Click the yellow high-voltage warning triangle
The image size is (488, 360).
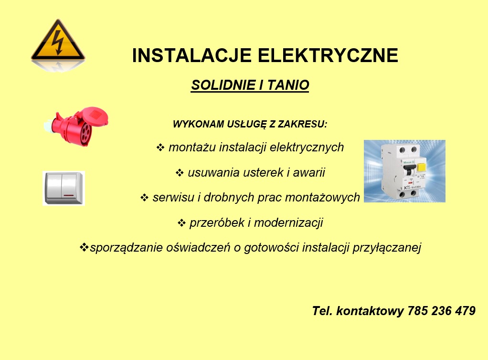coord(58,41)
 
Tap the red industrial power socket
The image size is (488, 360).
coord(76,126)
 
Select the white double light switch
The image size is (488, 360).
coord(64,188)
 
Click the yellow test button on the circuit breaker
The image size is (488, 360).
coord(422,167)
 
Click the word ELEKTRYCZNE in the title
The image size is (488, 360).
coord(328,55)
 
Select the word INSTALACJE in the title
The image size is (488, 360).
coord(192,55)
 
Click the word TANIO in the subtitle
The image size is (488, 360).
coord(288,85)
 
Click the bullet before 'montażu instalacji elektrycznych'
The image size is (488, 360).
coord(160,147)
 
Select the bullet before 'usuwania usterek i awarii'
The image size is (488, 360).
coord(180,172)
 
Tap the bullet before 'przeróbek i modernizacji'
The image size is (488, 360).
coord(181,223)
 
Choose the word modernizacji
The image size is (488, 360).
coord(288,223)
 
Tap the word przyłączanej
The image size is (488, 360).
coord(387,248)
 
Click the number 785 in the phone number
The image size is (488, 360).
coord(417,311)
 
